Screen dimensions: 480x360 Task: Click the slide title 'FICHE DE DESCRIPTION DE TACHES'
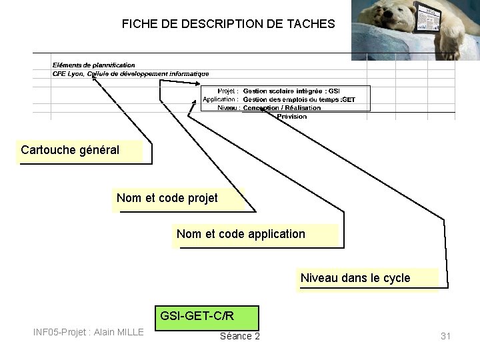228,24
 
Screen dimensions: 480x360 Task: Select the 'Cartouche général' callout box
80,151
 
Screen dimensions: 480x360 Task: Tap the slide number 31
445,336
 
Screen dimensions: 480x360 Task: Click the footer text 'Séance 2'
239,336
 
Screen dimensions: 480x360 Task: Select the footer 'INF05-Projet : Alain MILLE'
88,332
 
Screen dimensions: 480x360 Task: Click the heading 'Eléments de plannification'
93,65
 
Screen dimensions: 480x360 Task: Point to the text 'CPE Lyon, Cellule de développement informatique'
131,74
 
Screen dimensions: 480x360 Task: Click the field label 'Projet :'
228,91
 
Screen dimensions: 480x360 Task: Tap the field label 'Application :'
220,99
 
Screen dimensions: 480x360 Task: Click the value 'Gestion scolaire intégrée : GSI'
291,91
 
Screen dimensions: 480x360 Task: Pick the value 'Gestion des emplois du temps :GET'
299,99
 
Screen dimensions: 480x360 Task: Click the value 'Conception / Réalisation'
282,107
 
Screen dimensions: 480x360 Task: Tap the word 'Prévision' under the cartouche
292,116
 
